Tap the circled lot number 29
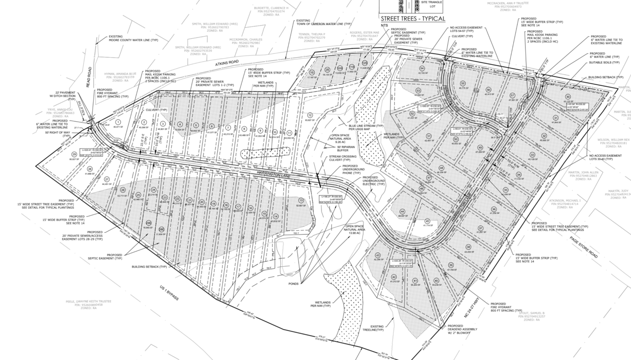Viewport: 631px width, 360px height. coord(74,154)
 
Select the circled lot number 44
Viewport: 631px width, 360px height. coord(402,212)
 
